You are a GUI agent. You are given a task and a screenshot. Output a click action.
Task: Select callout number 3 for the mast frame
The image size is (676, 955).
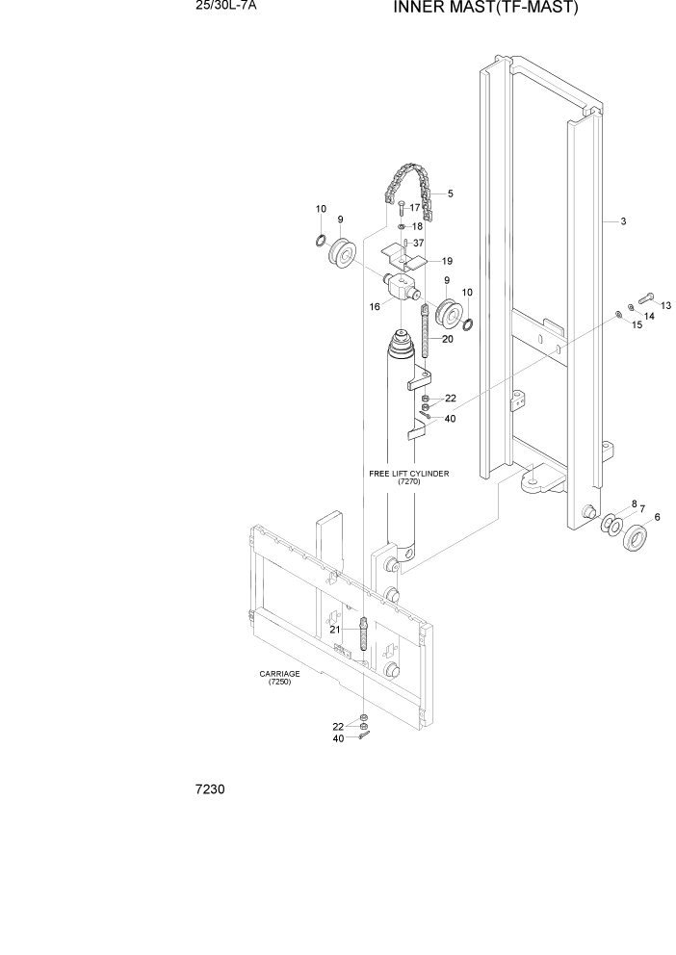(x=623, y=222)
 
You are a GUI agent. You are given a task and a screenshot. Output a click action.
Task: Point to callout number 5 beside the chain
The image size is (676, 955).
(x=450, y=194)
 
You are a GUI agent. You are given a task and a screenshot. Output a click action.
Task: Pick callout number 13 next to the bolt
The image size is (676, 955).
(x=665, y=305)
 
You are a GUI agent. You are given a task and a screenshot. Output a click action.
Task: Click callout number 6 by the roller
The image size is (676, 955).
(x=657, y=518)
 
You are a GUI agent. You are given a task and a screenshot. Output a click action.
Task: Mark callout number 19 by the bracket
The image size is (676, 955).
(x=447, y=261)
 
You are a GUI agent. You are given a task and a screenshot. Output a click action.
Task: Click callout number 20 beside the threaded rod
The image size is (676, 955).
(x=448, y=339)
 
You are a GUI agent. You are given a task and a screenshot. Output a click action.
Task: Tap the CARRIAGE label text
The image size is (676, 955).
(x=275, y=678)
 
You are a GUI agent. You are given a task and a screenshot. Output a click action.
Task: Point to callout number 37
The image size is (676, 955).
(x=418, y=243)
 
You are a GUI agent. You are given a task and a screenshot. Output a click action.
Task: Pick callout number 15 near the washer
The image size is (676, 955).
(x=636, y=325)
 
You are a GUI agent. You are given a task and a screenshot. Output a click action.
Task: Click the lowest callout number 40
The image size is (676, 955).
(x=338, y=738)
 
